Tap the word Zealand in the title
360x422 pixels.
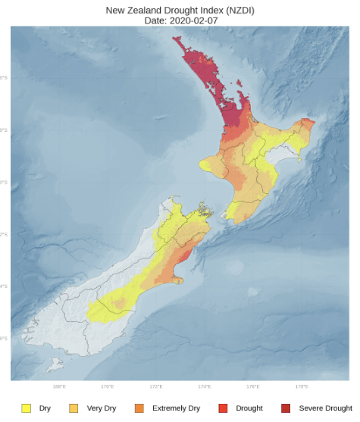pyautogui.click(x=143, y=9)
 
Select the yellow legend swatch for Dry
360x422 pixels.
pyautogui.click(x=26, y=408)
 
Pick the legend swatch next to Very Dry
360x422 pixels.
pyautogui.click(x=74, y=408)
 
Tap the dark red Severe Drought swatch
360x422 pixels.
pyautogui.click(x=286, y=408)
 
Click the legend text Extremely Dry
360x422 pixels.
pyautogui.click(x=176, y=408)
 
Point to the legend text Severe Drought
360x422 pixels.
pyautogui.click(x=326, y=408)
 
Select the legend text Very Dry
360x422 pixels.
pyautogui.click(x=102, y=408)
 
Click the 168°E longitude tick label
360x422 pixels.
pyautogui.click(x=59, y=386)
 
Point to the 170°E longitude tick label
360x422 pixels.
pyautogui.click(x=108, y=386)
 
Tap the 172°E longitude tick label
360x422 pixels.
pyautogui.click(x=156, y=386)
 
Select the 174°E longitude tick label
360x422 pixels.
pyautogui.click(x=205, y=386)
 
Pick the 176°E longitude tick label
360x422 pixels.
pyautogui.click(x=253, y=386)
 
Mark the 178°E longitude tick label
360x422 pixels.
pyautogui.click(x=302, y=386)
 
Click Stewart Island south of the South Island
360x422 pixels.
pyautogui.click(x=54, y=366)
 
